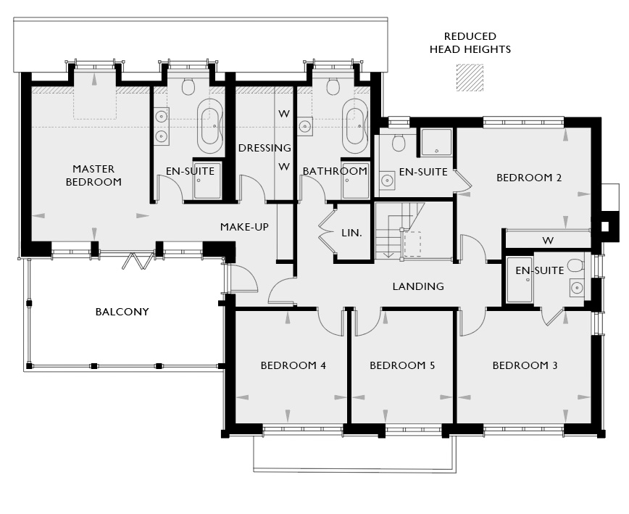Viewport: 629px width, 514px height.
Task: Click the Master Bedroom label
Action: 93,175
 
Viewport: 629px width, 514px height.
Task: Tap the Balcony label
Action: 122,312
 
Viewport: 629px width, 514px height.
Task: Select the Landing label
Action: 418,286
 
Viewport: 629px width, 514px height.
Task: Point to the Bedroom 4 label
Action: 293,365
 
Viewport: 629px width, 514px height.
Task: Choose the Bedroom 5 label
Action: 402,365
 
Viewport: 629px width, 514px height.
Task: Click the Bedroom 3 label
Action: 525,365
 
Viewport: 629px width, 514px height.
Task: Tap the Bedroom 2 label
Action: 529,178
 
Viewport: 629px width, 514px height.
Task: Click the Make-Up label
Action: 245,227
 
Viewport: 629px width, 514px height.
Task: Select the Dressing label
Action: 264,148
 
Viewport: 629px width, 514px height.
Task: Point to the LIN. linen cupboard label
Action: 351,233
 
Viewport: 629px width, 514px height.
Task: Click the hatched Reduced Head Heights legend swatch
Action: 470,78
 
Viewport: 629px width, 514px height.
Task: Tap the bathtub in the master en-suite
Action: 210,126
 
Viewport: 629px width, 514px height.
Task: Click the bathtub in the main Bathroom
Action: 355,126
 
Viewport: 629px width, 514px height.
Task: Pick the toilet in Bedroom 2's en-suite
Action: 399,141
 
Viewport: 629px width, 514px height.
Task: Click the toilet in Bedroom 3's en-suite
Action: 576,265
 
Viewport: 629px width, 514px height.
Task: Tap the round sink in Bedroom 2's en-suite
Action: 387,181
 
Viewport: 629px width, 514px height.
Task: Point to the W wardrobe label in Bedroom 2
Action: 548,241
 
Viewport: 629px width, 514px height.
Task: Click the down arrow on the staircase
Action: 388,254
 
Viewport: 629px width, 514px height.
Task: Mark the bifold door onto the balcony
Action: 138,260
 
